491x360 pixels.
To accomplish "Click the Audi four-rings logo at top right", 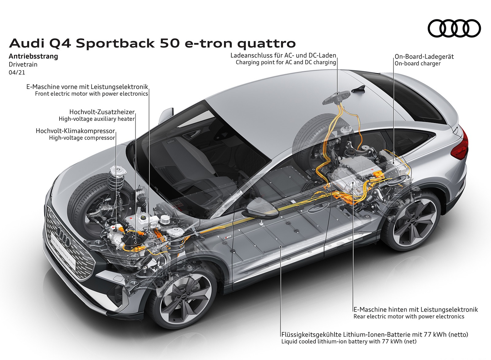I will pos(454,29).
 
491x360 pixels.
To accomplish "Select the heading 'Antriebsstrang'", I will pos(33,56).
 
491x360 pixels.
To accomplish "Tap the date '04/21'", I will pos(17,73).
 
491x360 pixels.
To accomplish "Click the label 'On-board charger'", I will pos(417,64).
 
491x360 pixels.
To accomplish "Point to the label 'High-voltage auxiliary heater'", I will pos(97,119).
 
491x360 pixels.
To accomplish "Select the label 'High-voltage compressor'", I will pos(82,138).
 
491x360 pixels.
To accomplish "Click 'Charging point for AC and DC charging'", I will pos(286,63).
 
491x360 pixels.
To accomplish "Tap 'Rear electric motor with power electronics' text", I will pos(409,316).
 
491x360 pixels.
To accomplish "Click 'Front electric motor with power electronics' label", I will pos(91,94).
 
